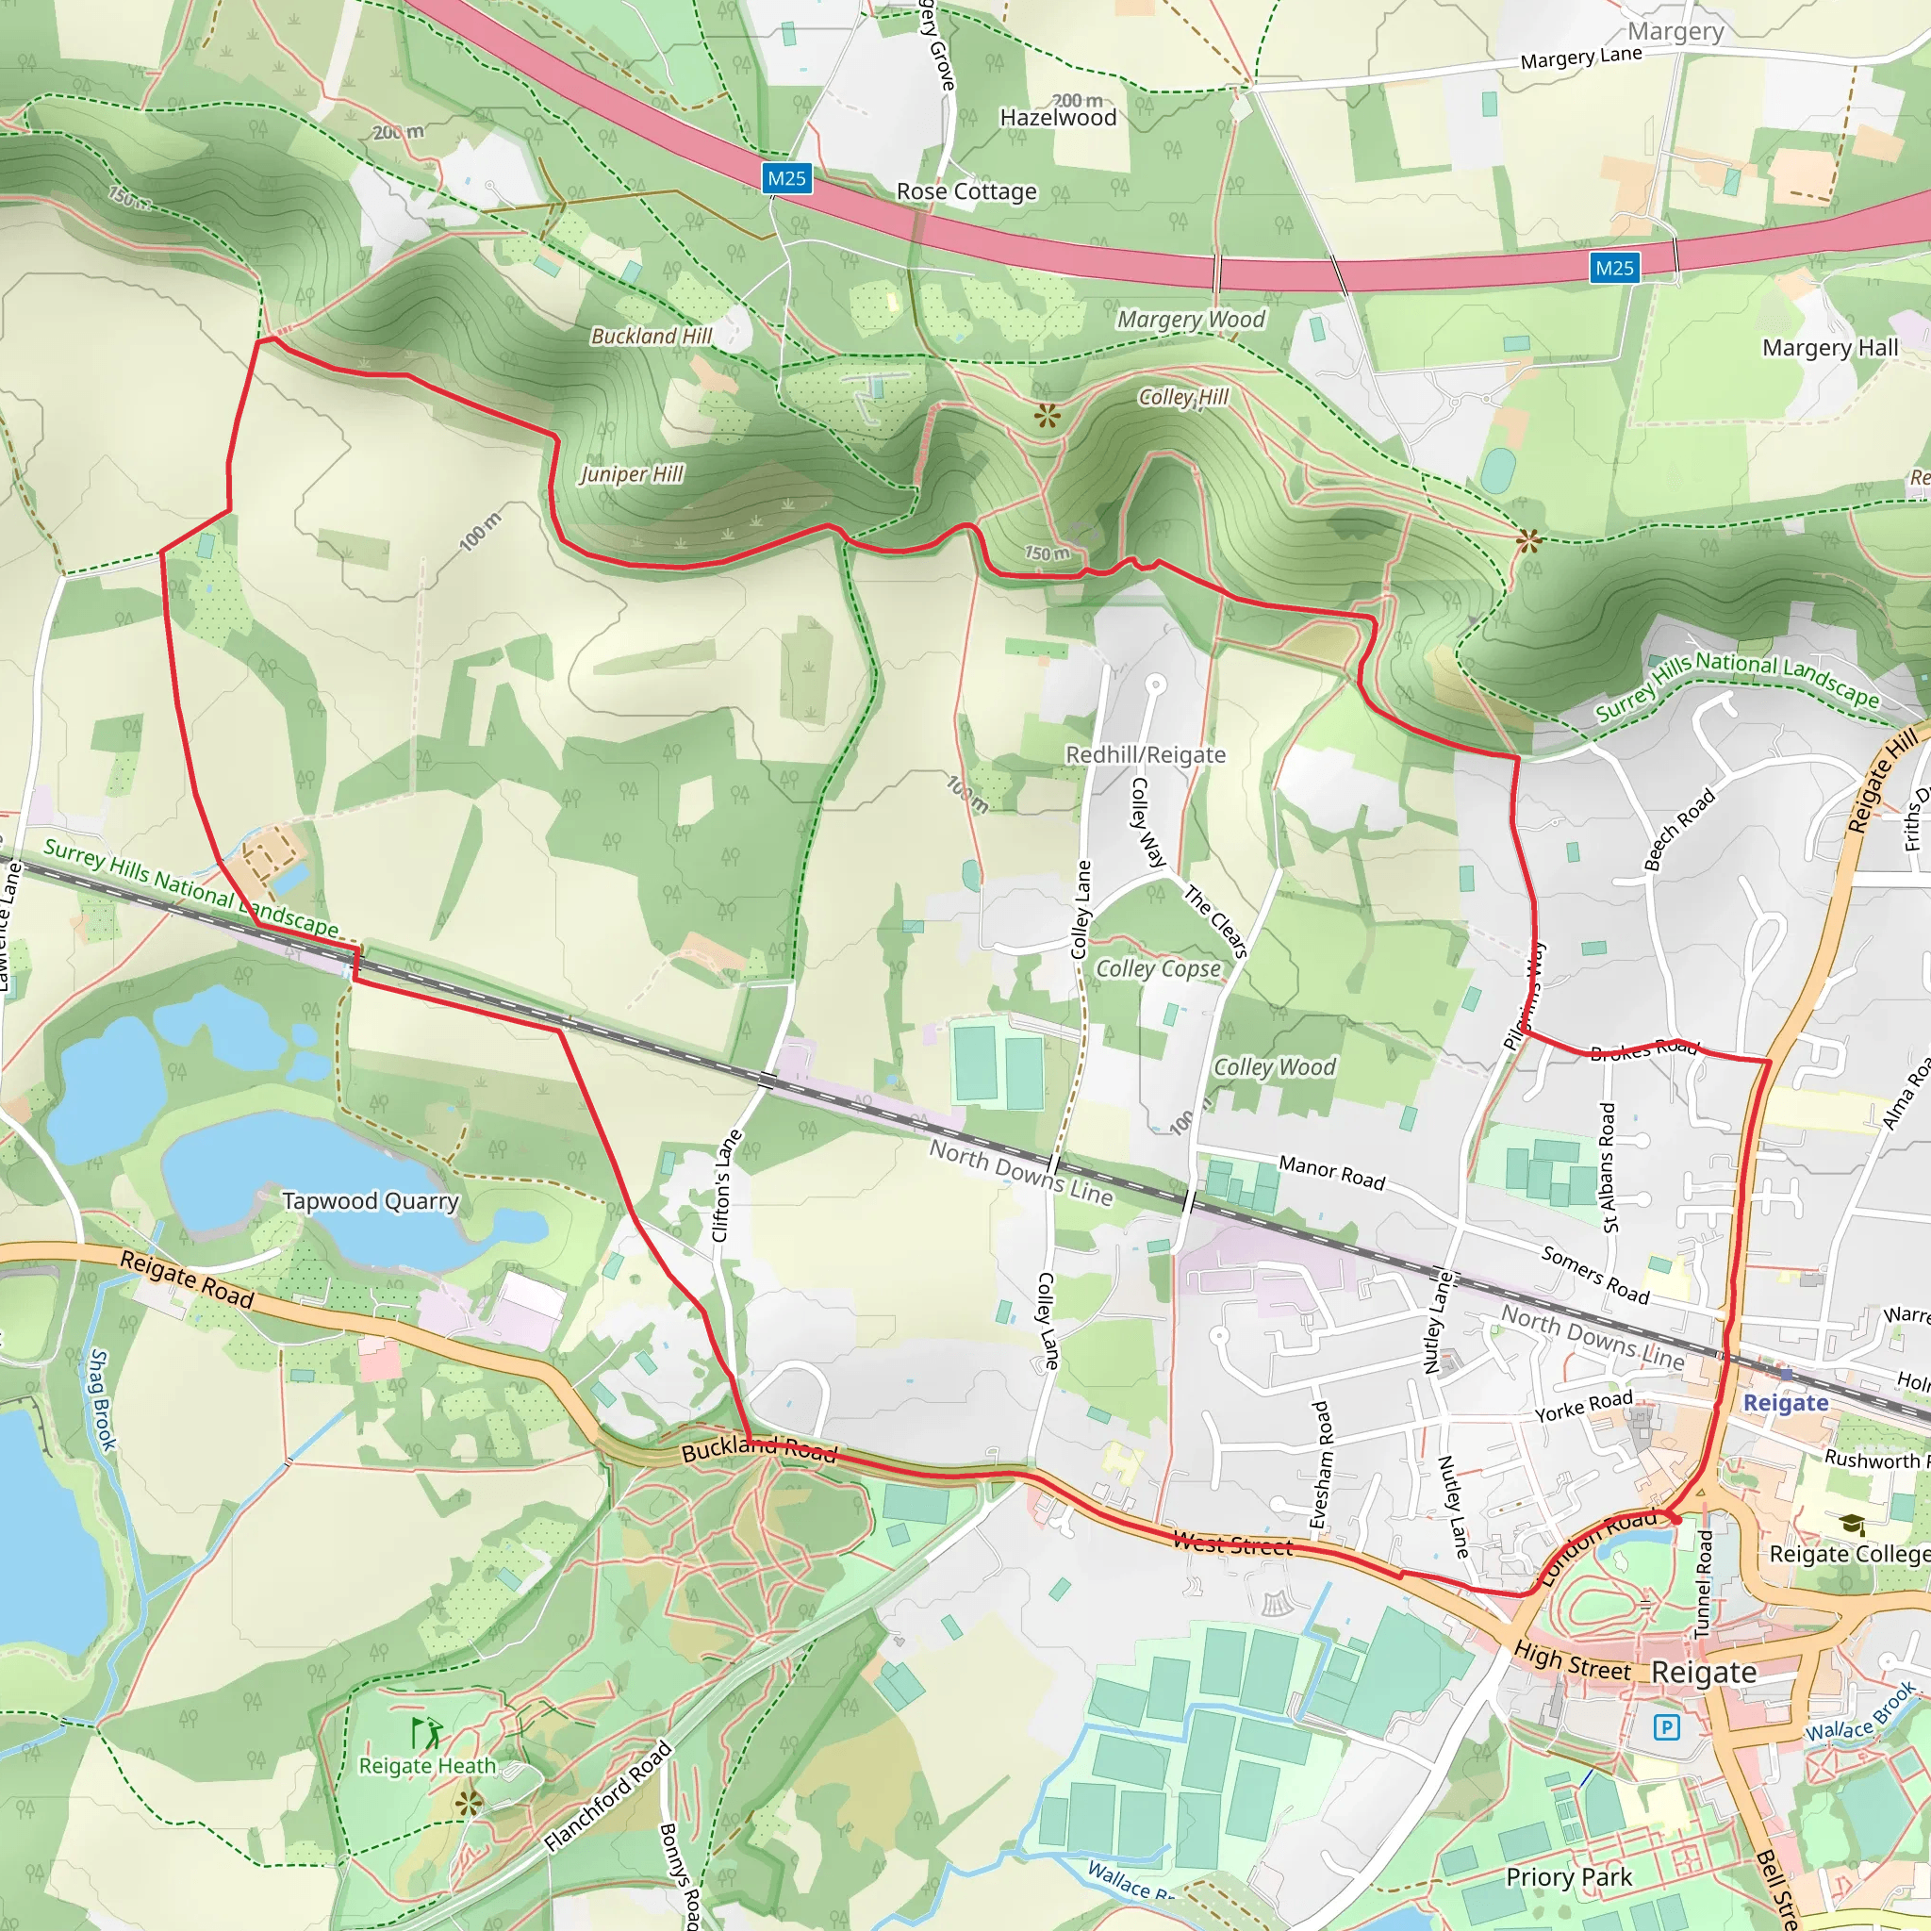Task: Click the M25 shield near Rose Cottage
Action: coord(785,179)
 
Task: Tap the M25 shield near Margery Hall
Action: coord(1614,268)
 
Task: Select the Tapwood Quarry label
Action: coord(370,1200)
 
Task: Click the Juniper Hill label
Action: coord(632,473)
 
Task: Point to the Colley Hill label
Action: coord(1183,397)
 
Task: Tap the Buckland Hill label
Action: coord(651,336)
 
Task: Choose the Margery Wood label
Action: coord(1191,320)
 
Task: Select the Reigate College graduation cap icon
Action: coord(1852,1525)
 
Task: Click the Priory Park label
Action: coord(1568,1877)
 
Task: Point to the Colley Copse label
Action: coord(1158,968)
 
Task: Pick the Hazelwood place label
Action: coord(1058,118)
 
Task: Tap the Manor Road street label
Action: coord(1331,1172)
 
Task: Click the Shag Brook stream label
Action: coord(102,1399)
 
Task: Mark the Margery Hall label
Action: coord(1829,348)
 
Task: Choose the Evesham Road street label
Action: coord(1319,1464)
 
